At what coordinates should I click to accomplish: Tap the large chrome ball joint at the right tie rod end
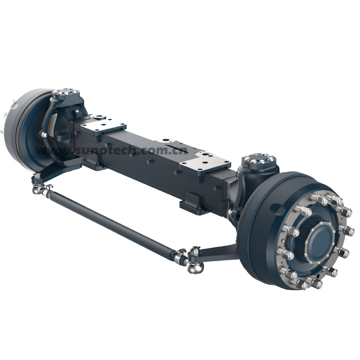click(195, 267)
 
